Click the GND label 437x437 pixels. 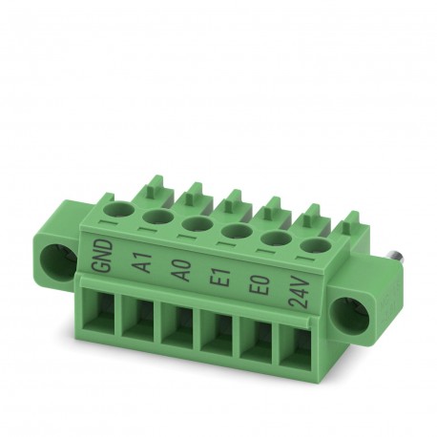pyautogui.click(x=106, y=256)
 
